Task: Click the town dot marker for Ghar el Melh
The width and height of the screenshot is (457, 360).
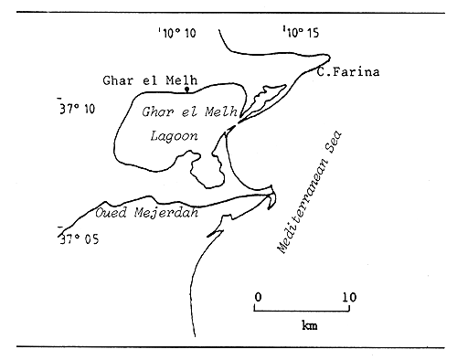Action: tap(187, 90)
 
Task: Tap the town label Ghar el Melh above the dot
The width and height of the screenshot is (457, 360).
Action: tap(150, 79)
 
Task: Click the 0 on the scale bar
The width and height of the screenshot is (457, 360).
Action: tap(258, 296)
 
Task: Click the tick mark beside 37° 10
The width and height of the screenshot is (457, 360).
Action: tap(59, 98)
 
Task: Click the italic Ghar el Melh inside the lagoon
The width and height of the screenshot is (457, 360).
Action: tap(187, 111)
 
